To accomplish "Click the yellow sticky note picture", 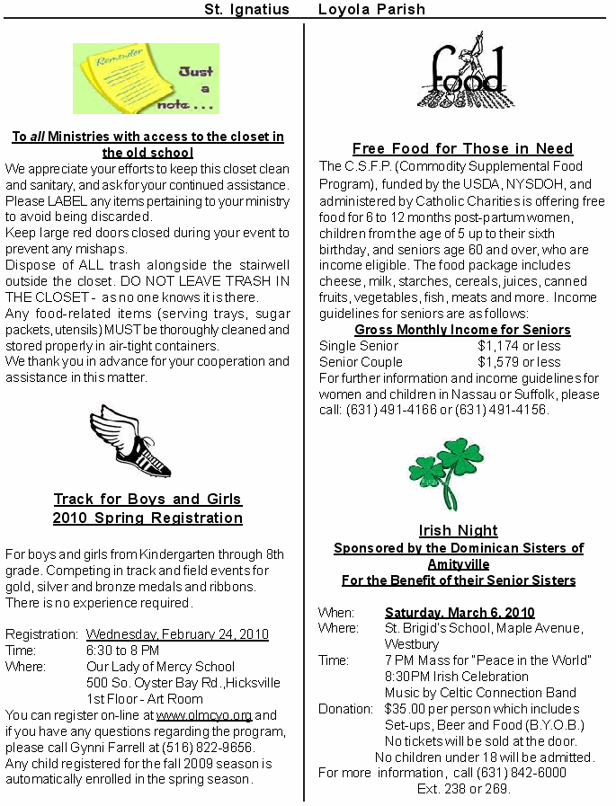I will (146, 78).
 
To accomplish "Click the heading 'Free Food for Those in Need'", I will (462, 148).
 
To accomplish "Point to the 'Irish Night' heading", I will (458, 530).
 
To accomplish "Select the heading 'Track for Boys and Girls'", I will (147, 499).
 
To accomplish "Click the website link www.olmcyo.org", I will (204, 715).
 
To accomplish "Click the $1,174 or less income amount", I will (519, 346).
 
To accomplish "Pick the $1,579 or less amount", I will (519, 362).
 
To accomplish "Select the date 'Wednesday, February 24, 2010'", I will (177, 633).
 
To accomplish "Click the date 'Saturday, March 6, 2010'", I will (460, 612).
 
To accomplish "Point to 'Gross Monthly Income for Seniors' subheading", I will (462, 330).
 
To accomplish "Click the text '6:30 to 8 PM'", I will (122, 650).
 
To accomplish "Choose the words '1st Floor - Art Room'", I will (145, 699).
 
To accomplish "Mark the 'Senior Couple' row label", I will (361, 362).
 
